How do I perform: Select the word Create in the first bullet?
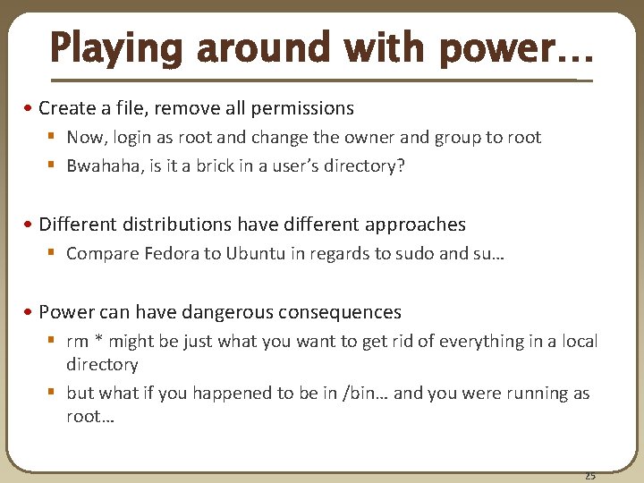click(x=67, y=108)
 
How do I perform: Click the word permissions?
click(x=303, y=108)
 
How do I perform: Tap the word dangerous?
click(x=227, y=312)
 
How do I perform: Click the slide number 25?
click(x=590, y=475)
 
